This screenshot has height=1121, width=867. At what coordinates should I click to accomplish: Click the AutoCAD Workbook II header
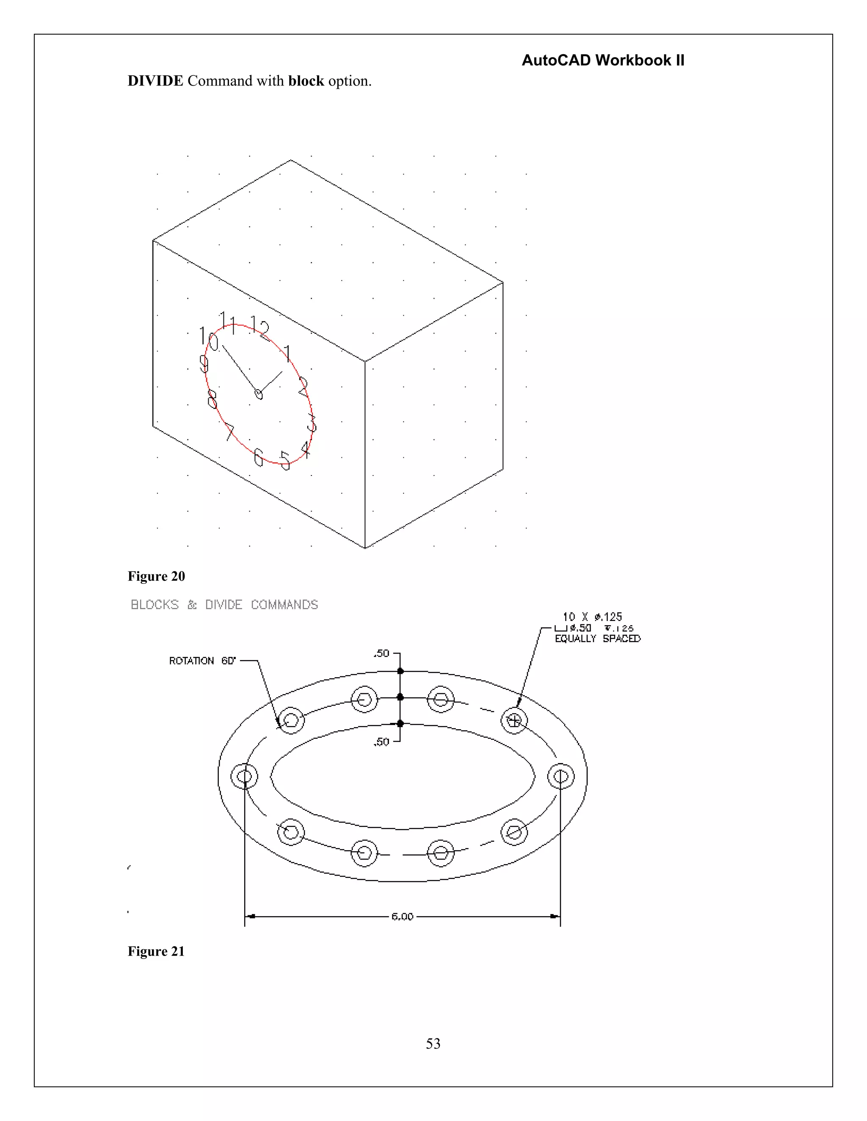click(x=602, y=60)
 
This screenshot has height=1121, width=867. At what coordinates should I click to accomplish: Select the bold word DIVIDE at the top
click(x=155, y=81)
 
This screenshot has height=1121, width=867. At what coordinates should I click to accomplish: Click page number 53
click(x=433, y=1044)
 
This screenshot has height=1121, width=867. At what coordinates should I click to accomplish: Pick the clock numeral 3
click(x=311, y=423)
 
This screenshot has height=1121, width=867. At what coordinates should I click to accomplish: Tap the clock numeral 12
click(x=260, y=327)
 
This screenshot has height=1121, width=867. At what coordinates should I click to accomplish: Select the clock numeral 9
click(x=204, y=364)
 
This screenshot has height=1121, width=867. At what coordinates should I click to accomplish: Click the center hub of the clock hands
click(x=258, y=394)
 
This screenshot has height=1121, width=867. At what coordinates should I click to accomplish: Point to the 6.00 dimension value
click(x=402, y=917)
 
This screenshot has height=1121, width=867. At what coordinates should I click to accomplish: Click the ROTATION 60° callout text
click(x=202, y=661)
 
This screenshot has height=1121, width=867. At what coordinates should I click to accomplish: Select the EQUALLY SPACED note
click(x=597, y=639)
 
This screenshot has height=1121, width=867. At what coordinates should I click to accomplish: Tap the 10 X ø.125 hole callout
click(x=592, y=617)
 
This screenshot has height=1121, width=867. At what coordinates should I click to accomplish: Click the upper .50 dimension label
click(x=381, y=654)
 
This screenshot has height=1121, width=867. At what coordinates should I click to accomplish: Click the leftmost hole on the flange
click(x=245, y=776)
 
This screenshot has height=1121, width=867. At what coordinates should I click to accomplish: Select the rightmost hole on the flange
click(x=561, y=776)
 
